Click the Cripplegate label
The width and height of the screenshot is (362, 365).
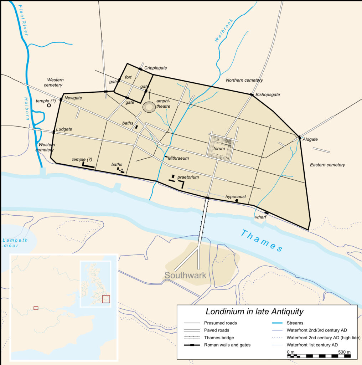[155, 68]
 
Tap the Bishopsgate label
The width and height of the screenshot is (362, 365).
[267, 95]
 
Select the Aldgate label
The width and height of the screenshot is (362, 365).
[310, 139]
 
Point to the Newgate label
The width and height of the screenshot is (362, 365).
[73, 98]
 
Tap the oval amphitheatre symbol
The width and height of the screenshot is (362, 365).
[149, 107]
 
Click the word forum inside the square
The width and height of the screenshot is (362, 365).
[219, 149]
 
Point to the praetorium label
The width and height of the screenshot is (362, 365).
[188, 177]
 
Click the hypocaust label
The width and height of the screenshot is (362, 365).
[236, 196]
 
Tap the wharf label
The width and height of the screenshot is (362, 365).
[261, 217]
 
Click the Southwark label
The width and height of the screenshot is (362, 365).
[185, 275]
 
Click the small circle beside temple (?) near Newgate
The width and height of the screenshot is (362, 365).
[49, 105]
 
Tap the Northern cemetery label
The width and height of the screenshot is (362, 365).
[244, 80]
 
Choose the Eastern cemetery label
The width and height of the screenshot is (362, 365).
[327, 165]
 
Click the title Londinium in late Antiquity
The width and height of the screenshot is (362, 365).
[254, 312]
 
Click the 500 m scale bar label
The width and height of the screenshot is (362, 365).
[344, 352]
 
